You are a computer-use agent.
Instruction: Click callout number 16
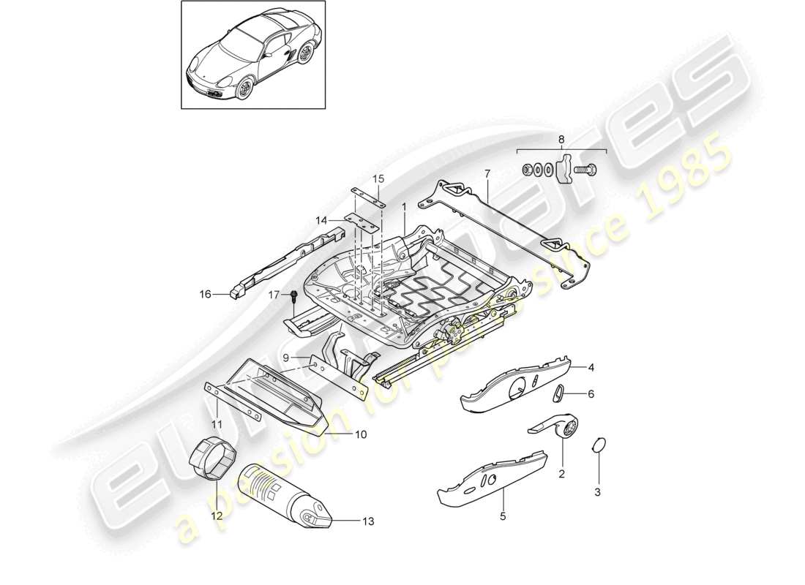pos(205,295)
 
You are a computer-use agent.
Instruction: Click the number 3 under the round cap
pos(597,492)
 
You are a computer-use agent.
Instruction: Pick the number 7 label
pos(486,173)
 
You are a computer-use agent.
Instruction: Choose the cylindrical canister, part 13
pos(290,494)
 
